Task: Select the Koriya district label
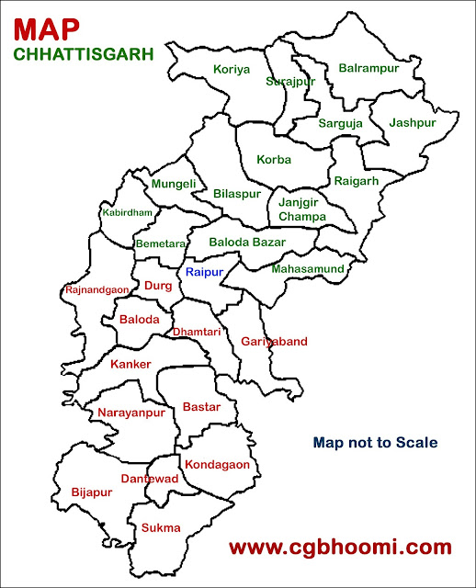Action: [x=232, y=69]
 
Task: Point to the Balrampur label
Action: [x=368, y=67]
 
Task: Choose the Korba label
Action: [x=274, y=159]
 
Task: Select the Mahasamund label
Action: [x=308, y=269]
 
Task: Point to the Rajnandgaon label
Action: [x=97, y=290]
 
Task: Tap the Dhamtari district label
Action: [x=197, y=333]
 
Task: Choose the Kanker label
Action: [x=130, y=365]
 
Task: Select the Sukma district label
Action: [x=161, y=527]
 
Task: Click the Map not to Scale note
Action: [x=375, y=443]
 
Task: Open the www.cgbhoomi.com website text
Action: [x=340, y=548]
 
